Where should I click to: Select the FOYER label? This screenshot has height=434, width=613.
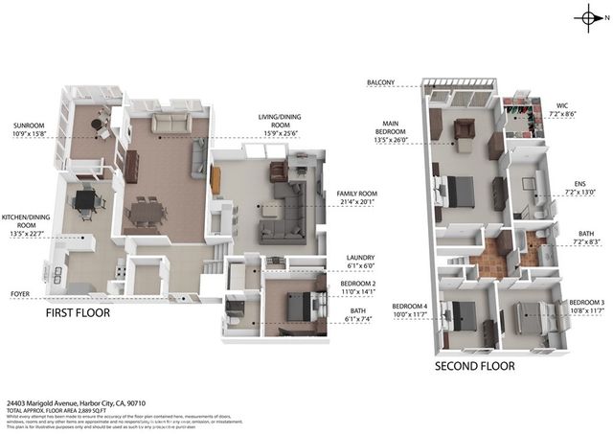point(21,294)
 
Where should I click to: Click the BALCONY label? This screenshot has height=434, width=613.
point(380,83)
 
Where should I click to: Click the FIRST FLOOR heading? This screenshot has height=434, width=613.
point(78,313)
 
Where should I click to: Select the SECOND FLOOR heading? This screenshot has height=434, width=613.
point(475,366)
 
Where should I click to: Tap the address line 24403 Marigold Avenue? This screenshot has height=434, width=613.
point(80,404)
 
